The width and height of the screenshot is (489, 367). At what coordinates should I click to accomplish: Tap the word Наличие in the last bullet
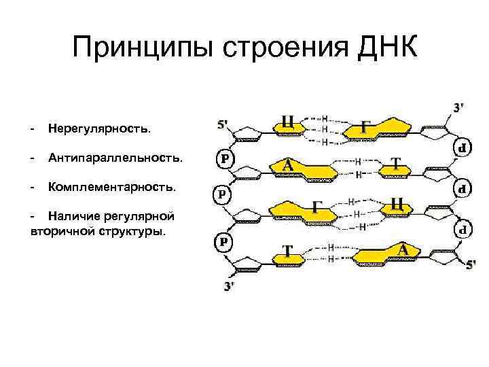tap(74, 216)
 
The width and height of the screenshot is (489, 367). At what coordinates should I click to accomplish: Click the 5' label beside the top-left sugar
tap(223, 125)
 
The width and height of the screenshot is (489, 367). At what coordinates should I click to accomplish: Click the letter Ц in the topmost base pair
tap(288, 122)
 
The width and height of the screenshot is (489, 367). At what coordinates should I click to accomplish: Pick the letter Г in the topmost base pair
tap(366, 127)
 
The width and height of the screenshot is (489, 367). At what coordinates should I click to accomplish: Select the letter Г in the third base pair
tap(317, 207)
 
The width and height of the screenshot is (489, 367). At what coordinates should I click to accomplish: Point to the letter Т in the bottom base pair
tap(287, 251)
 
